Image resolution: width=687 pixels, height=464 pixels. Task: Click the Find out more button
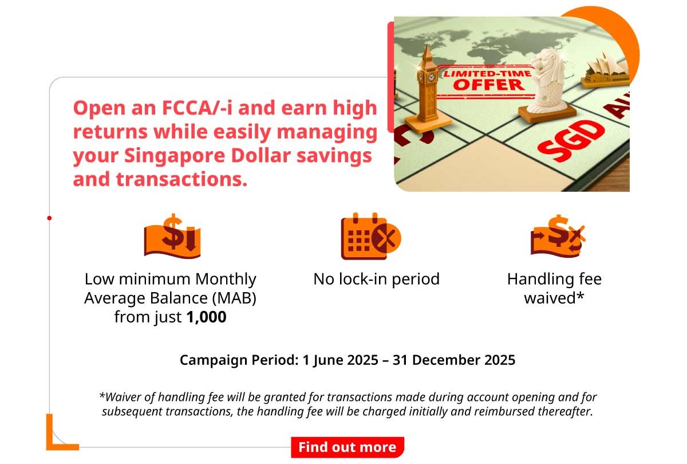coord(347,447)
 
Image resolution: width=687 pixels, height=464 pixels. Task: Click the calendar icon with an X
coord(370,237)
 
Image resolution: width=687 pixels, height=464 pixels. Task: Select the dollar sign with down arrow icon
coord(172,235)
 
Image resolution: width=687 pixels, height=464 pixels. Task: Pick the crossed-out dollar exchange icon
coord(557,235)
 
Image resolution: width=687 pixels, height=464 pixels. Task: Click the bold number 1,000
coord(206,317)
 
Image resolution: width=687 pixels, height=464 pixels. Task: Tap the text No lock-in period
coord(376,280)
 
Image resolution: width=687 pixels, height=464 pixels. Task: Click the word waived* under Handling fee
coord(554,298)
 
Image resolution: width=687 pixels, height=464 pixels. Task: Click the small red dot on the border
coord(50,218)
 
